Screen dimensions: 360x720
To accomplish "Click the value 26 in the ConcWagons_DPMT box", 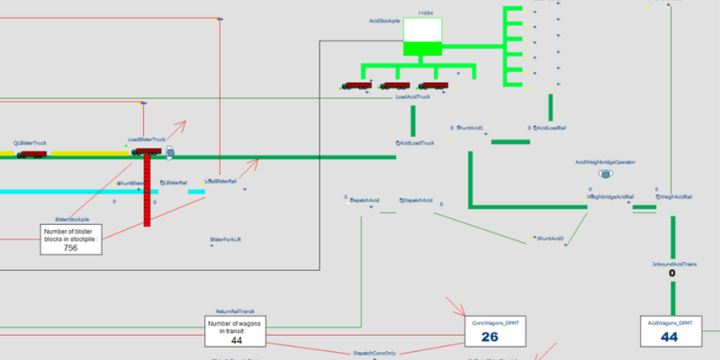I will pos(490,337).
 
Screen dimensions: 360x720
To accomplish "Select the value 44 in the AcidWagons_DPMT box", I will pos(669,337).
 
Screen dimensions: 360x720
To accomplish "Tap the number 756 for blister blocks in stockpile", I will pos(70,247).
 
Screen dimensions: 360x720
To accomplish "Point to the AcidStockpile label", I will pos(384,20).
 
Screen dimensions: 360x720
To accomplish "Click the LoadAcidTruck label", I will pos(414,96).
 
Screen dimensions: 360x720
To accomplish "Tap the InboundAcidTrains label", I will pos(672,265).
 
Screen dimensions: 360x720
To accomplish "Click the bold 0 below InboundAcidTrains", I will pos(672,274).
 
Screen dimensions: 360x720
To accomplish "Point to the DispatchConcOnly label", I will pos(374,353).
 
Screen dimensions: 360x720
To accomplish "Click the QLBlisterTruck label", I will pos(30,143).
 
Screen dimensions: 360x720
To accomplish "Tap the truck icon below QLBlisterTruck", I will pos(31,154).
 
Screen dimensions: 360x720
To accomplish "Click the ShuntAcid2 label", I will pos(550,238).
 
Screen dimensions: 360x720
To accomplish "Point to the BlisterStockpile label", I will pos(74,219).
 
